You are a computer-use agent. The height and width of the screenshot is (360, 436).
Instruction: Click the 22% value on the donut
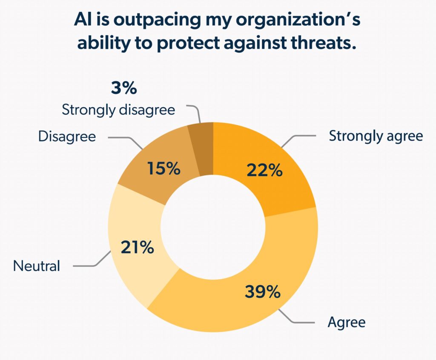pos(264,171)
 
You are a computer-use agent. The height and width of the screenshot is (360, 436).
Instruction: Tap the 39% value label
pos(262,292)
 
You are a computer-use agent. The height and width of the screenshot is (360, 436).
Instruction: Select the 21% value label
pos(137,247)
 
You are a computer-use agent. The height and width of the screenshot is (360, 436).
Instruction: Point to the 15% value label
pos(163,169)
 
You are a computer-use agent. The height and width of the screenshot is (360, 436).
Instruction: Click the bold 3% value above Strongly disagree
pos(123,89)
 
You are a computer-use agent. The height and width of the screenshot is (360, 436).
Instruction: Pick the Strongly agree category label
pos(376,136)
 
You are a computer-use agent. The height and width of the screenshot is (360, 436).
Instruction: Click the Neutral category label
pos(37,266)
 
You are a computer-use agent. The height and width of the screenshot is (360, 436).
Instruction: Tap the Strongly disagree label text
pos(118,110)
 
